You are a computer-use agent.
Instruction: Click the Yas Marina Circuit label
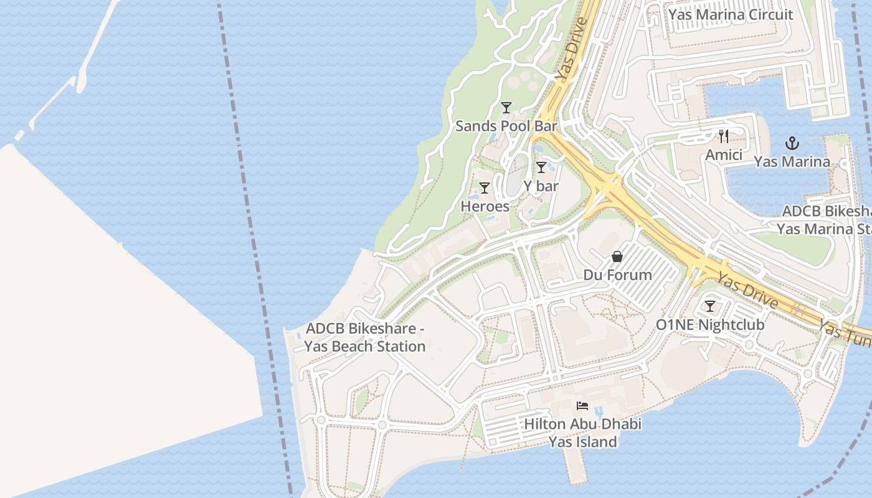[731, 14]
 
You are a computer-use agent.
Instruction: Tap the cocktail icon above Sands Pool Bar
[506, 108]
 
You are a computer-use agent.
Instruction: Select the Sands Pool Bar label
[506, 126]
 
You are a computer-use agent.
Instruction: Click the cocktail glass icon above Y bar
[541, 167]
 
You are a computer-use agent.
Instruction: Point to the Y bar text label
[541, 186]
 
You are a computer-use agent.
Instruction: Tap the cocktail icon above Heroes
[484, 188]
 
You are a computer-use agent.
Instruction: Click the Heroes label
[485, 206]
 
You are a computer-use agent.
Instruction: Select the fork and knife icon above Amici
[723, 136]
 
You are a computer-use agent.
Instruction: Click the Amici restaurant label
[723, 154]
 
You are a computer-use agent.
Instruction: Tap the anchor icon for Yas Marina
[792, 144]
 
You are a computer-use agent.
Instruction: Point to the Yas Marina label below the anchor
[792, 162]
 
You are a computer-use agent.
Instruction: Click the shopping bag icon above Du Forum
[617, 256]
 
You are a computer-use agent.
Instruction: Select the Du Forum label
[617, 275]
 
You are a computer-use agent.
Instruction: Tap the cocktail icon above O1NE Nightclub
[709, 306]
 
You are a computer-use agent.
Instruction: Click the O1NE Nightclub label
[709, 324]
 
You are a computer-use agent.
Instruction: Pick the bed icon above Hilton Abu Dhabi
[582, 406]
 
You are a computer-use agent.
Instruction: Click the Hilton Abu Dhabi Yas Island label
[582, 433]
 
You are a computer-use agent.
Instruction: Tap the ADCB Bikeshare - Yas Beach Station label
[365, 337]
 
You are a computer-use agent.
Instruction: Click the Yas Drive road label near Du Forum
[747, 290]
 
